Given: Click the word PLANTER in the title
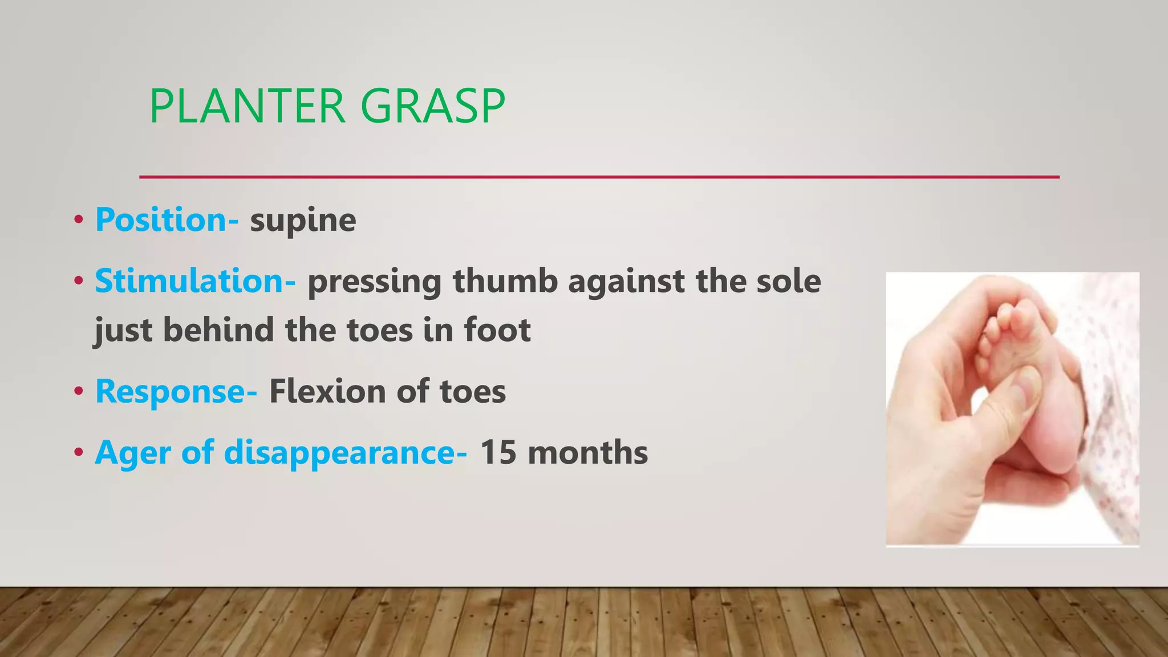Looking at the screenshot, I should pyautogui.click(x=247, y=106).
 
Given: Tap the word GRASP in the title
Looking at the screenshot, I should pyautogui.click(x=433, y=106).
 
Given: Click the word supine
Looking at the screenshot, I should pyautogui.click(x=303, y=221).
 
